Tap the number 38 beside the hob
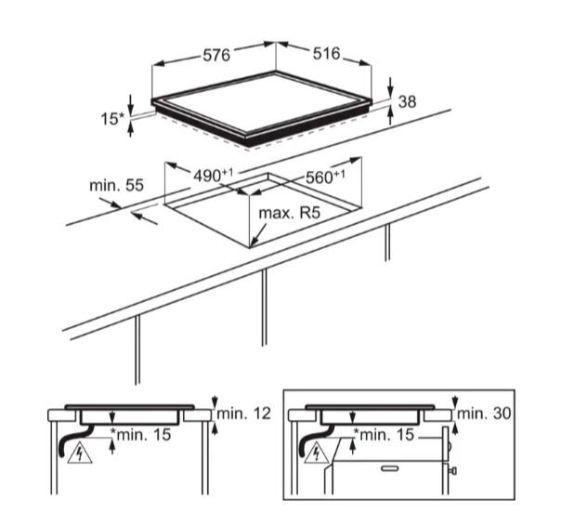pyautogui.click(x=407, y=101)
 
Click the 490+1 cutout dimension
pyautogui.click(x=212, y=176)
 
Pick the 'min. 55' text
pyautogui.click(x=116, y=186)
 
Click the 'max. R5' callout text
pyautogui.click(x=290, y=214)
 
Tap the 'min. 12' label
pyautogui.click(x=242, y=413)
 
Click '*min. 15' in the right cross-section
pyautogui.click(x=385, y=433)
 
